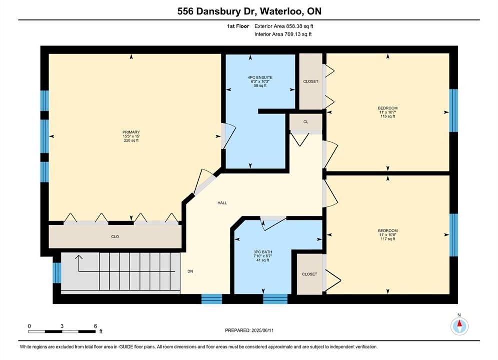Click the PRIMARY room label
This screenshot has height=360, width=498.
pyautogui.click(x=131, y=132)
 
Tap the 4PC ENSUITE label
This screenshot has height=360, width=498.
pyautogui.click(x=260, y=77)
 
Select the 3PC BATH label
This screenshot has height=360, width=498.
pyautogui.click(x=263, y=252)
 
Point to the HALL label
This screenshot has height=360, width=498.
pyautogui.click(x=222, y=203)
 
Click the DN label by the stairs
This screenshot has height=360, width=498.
pyautogui.click(x=190, y=271)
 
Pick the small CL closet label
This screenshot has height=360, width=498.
pyautogui.click(x=306, y=122)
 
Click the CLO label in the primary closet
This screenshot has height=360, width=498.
pyautogui.click(x=115, y=237)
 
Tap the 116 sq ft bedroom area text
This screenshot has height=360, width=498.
pyautogui.click(x=388, y=116)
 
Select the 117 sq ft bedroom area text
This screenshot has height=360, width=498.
pyautogui.click(x=388, y=239)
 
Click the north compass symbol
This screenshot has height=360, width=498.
pyautogui.click(x=459, y=325)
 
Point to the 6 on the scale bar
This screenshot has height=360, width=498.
pyautogui.click(x=95, y=326)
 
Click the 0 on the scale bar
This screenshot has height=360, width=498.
pyautogui.click(x=29, y=326)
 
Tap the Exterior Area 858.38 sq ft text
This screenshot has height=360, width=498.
pyautogui.click(x=284, y=26)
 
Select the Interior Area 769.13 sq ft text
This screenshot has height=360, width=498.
pyautogui.click(x=283, y=34)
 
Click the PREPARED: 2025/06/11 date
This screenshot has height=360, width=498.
pyautogui.click(x=249, y=330)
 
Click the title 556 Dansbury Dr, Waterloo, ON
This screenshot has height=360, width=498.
pyautogui.click(x=249, y=11)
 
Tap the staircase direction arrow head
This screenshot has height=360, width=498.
pyautogui.click(x=78, y=257)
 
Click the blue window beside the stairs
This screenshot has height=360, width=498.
pyautogui.click(x=57, y=273)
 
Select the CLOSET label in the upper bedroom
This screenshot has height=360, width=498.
pyautogui.click(x=311, y=81)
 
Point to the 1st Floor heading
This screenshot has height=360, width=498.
pyautogui.click(x=238, y=26)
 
